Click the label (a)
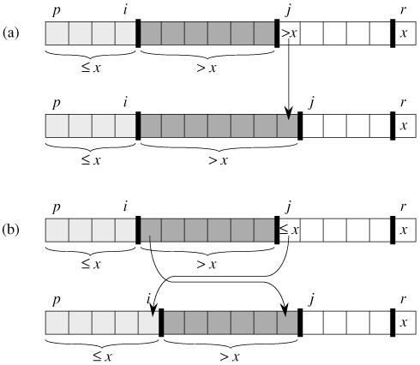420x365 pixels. click(x=10, y=33)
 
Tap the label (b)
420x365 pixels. click(x=11, y=230)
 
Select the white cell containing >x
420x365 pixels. click(x=290, y=33)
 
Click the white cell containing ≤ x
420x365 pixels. click(x=290, y=230)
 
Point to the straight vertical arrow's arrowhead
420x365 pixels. click(x=289, y=114)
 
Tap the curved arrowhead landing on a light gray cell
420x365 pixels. click(x=153, y=310)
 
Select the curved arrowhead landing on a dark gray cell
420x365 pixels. click(x=285, y=310)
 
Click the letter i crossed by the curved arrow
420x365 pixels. click(x=148, y=299)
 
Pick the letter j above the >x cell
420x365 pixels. click(x=288, y=10)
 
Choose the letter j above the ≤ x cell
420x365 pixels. click(x=288, y=207)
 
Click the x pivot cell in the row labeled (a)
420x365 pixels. click(x=405, y=33)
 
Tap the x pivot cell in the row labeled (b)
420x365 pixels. click(x=405, y=230)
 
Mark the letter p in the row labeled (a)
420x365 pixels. click(x=57, y=11)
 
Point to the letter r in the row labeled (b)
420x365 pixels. click(x=403, y=206)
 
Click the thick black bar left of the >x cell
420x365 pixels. click(x=277, y=33)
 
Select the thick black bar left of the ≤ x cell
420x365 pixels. click(x=277, y=230)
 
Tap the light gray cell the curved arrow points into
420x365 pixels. click(x=148, y=323)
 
